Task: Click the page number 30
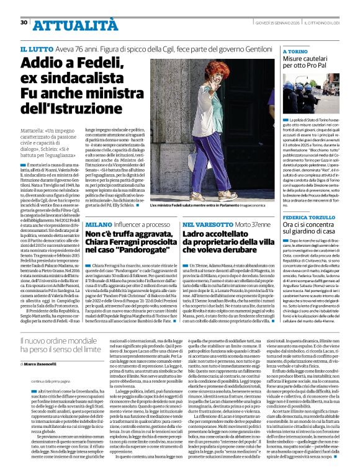click(x=24, y=22)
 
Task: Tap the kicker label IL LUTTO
click(x=36, y=48)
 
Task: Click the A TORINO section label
click(x=295, y=51)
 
